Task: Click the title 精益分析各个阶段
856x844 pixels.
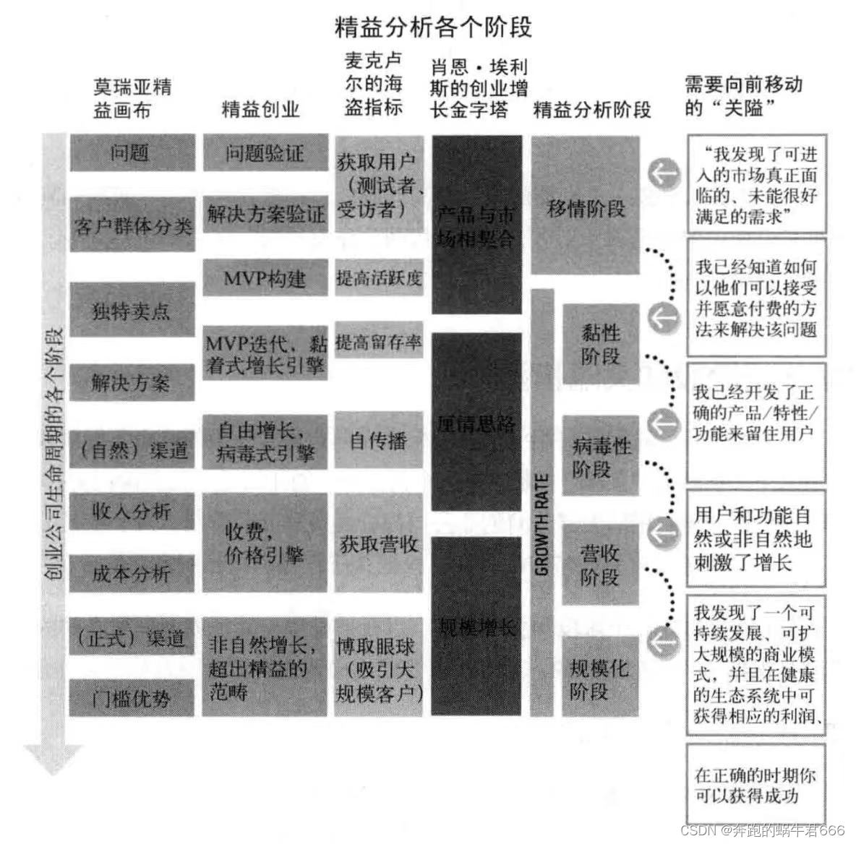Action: click(x=433, y=27)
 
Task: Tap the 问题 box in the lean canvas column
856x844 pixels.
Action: click(x=132, y=153)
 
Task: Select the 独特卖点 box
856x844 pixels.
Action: click(x=132, y=310)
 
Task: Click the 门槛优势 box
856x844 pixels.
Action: click(x=132, y=697)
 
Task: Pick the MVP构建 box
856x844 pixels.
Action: click(x=265, y=278)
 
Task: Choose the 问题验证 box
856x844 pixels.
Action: click(x=265, y=153)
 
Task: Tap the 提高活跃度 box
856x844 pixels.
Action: click(x=379, y=278)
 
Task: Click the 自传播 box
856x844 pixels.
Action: click(x=379, y=440)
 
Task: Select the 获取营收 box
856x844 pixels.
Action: click(x=379, y=543)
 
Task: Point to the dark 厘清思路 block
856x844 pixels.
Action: click(x=476, y=423)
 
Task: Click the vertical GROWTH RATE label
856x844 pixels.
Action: click(x=542, y=524)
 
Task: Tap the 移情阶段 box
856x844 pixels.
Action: click(x=586, y=208)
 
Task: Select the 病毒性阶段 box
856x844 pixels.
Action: click(x=600, y=457)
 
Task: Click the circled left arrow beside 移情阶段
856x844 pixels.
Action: click(x=663, y=173)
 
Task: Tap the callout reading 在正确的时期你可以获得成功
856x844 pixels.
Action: click(x=756, y=785)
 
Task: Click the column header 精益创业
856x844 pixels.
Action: click(x=260, y=109)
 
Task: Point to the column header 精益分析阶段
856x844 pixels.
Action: click(x=592, y=109)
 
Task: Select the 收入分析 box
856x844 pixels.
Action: click(x=132, y=512)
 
